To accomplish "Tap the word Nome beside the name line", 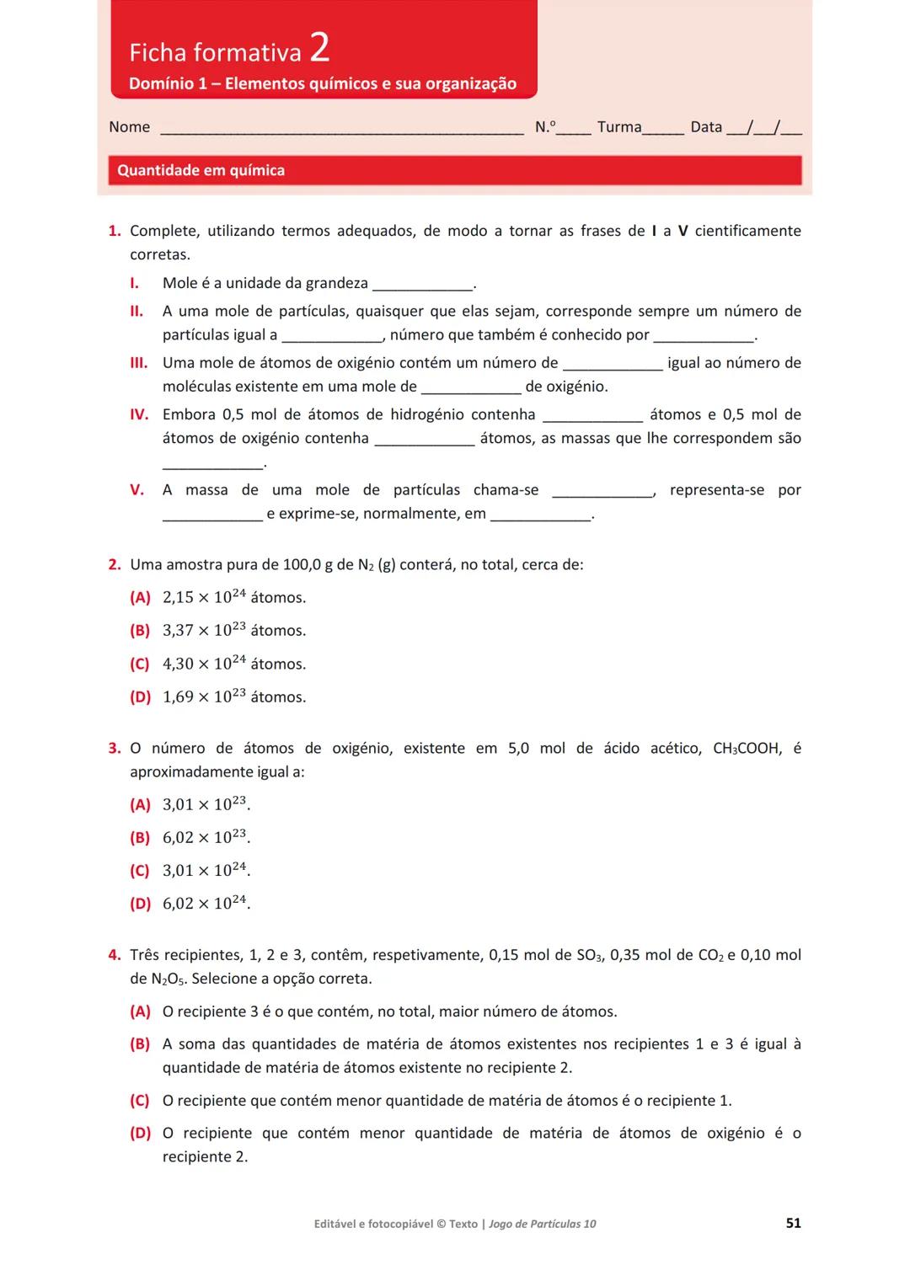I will tap(129, 127).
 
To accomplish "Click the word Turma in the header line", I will tap(619, 127).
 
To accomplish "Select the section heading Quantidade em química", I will tap(201, 170).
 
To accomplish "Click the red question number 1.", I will tap(115, 231).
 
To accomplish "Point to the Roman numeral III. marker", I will tap(138, 363).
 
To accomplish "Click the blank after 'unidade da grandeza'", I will tap(422, 285).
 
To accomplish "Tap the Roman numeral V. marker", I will tap(136, 490).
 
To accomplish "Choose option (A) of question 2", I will tap(140, 598).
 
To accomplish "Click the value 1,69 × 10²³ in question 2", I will tap(204, 697).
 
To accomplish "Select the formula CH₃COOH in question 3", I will tap(747, 749).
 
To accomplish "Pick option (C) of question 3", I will tap(140, 871).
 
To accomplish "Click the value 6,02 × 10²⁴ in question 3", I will tap(205, 904).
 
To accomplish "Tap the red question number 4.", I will tap(115, 955).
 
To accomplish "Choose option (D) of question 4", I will tap(140, 1134).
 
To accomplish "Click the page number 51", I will tap(793, 1223).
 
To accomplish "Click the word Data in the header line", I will tap(706, 127).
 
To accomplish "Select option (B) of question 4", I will tap(140, 1044).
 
